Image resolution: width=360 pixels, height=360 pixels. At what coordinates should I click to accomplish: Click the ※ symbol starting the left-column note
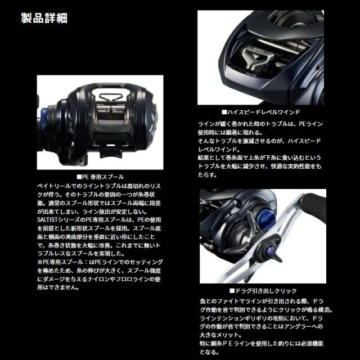tap(38, 262)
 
